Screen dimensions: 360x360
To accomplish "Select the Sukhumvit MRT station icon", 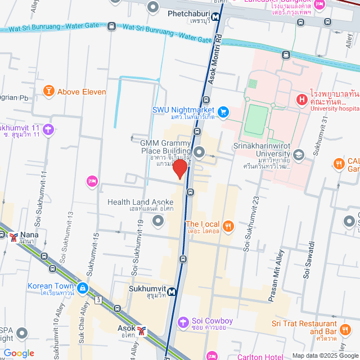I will pyautogui.click(x=171, y=292).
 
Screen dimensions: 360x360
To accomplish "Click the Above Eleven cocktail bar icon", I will pyautogui.click(x=49, y=91).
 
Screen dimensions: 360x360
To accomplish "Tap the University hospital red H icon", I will pyautogui.click(x=302, y=101).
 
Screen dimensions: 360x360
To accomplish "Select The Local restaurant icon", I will pyautogui.click(x=228, y=226).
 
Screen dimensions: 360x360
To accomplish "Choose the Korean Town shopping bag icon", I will pyautogui.click(x=83, y=289).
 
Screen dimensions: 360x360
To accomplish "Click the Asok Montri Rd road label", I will pyautogui.click(x=216, y=56).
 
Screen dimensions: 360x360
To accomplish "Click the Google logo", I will pyautogui.click(x=18, y=353).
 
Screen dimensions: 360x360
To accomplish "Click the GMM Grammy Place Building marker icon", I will pyautogui.click(x=200, y=151).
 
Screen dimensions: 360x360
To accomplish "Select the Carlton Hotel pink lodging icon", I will pyautogui.click(x=212, y=355).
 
